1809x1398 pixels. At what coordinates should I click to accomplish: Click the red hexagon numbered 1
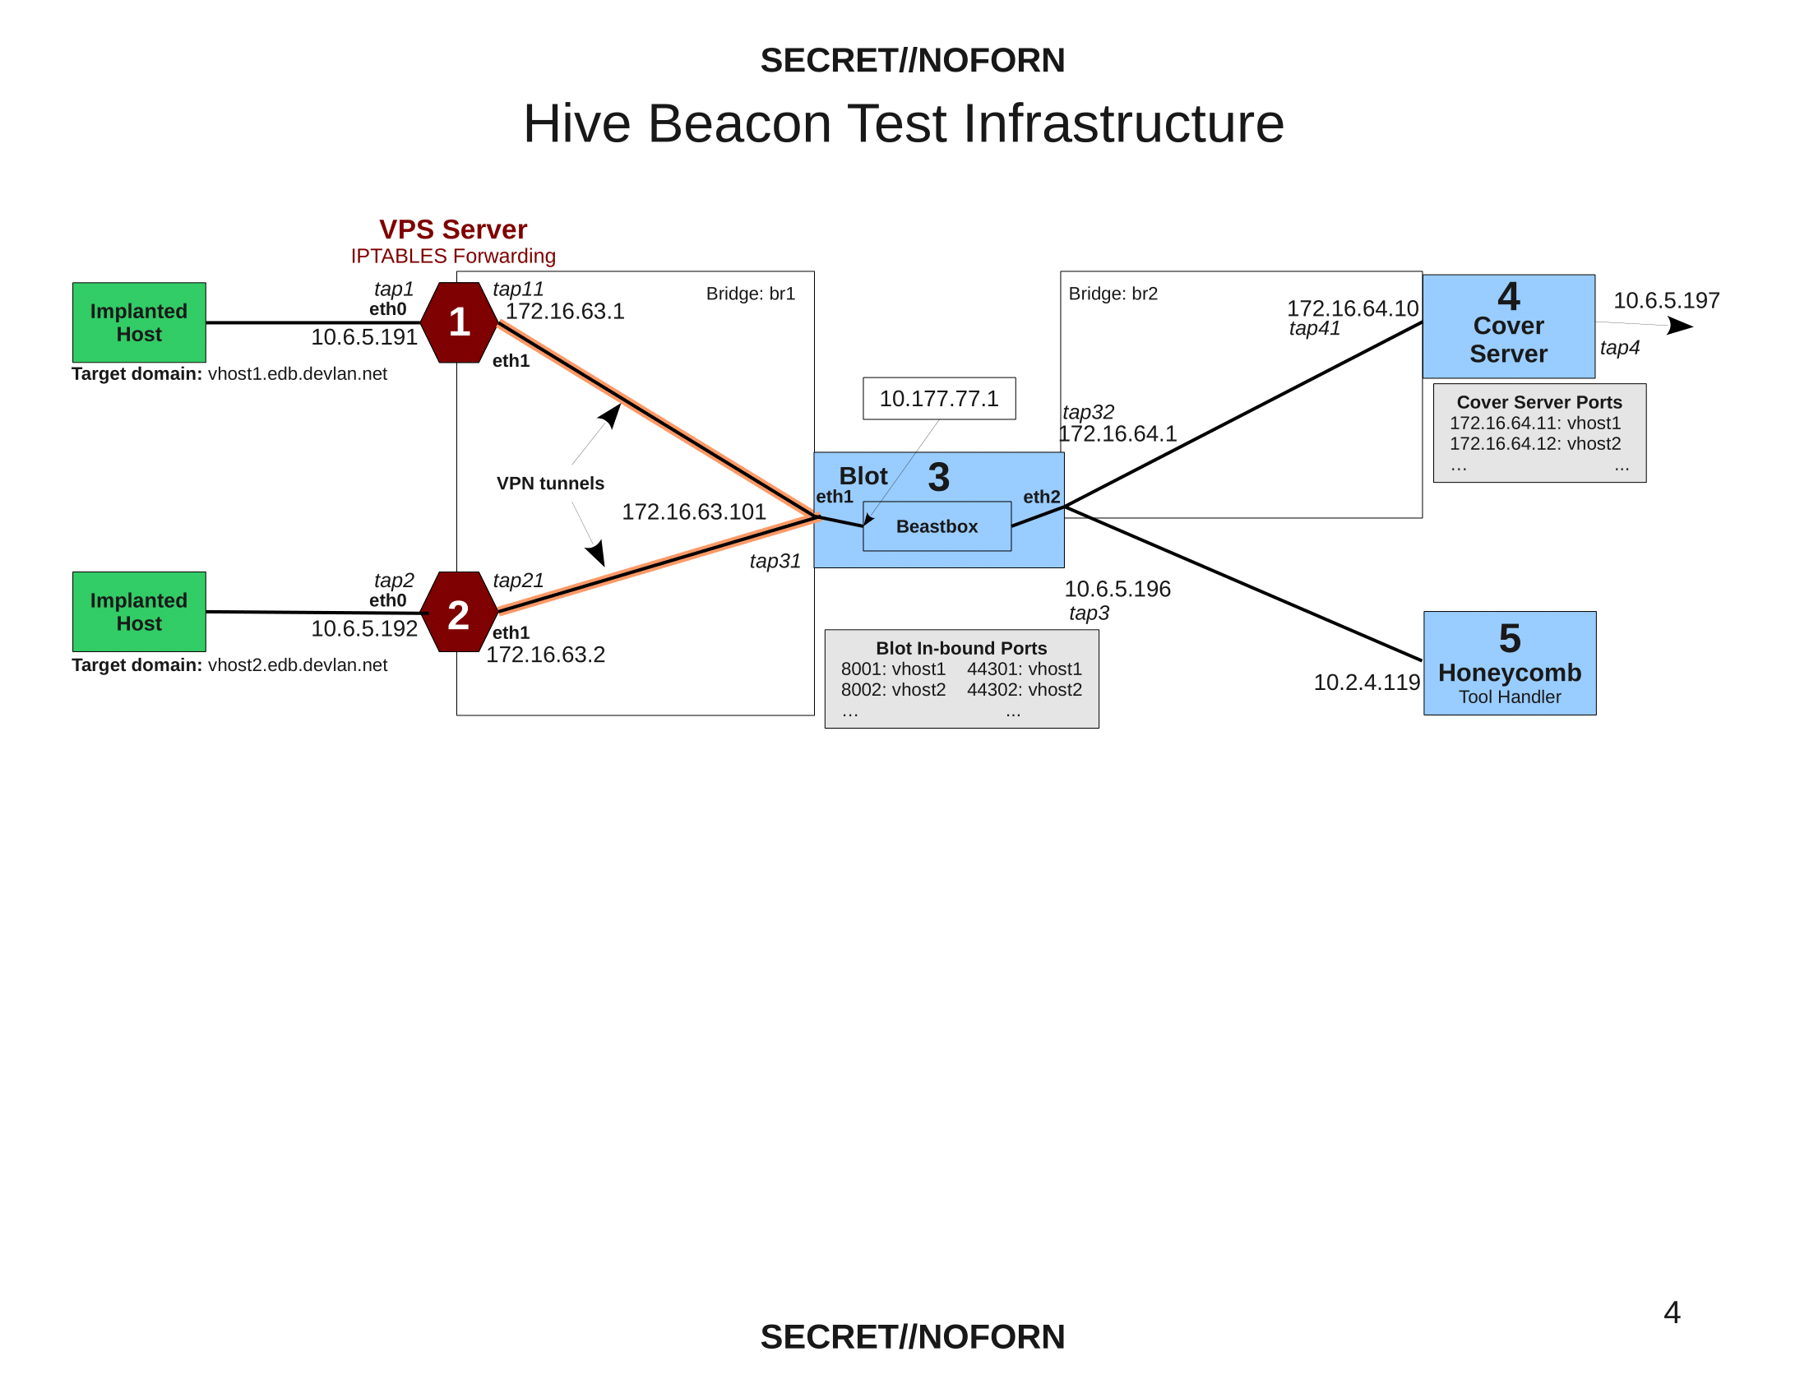[459, 322]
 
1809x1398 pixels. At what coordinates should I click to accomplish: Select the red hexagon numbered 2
[459, 613]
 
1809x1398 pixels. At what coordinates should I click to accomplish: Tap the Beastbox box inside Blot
[937, 527]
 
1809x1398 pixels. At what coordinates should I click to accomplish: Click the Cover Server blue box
[1508, 327]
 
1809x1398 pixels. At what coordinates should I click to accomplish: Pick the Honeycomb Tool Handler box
[1509, 664]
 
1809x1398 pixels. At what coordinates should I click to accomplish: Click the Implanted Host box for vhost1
[139, 322]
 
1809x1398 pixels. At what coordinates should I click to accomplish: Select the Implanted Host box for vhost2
[139, 612]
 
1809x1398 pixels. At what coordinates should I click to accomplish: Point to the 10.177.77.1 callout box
[938, 399]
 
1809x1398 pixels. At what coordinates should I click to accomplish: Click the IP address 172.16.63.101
[693, 512]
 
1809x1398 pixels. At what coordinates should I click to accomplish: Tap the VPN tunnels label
[550, 484]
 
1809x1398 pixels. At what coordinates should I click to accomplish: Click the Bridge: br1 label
[751, 294]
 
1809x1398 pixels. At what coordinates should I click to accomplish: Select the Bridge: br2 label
[1113, 294]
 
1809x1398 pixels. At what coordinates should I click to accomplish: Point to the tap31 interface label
[775, 562]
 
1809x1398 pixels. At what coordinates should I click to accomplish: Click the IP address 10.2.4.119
[1366, 683]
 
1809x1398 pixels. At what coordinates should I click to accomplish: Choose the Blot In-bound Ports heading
[960, 649]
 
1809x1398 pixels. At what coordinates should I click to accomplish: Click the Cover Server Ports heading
[1539, 402]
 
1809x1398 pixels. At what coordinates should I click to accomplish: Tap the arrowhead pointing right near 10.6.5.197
[1681, 326]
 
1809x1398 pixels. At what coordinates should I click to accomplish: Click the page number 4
[1672, 1312]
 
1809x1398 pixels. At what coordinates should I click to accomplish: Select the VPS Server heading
[453, 229]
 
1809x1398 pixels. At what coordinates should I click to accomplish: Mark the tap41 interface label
[1314, 329]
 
